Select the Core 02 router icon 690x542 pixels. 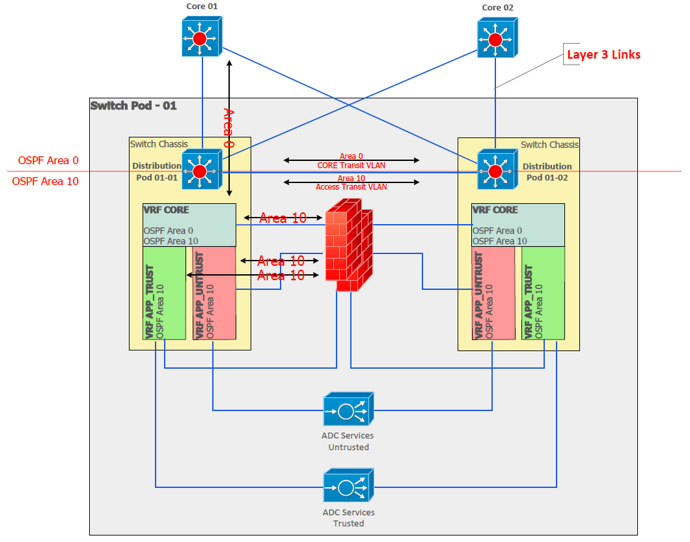(495, 38)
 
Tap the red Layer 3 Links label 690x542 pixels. (603, 55)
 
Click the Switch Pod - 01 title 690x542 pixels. (133, 106)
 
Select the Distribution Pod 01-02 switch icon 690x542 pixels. (495, 171)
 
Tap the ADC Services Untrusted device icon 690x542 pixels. (348, 410)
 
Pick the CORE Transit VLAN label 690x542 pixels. (351, 165)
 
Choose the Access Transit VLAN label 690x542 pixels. (351, 187)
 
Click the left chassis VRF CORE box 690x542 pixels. (189, 225)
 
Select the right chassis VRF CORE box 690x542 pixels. (517, 225)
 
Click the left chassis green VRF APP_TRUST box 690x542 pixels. (164, 293)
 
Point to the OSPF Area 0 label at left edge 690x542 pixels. (48, 161)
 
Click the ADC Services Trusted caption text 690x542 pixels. (348, 518)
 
